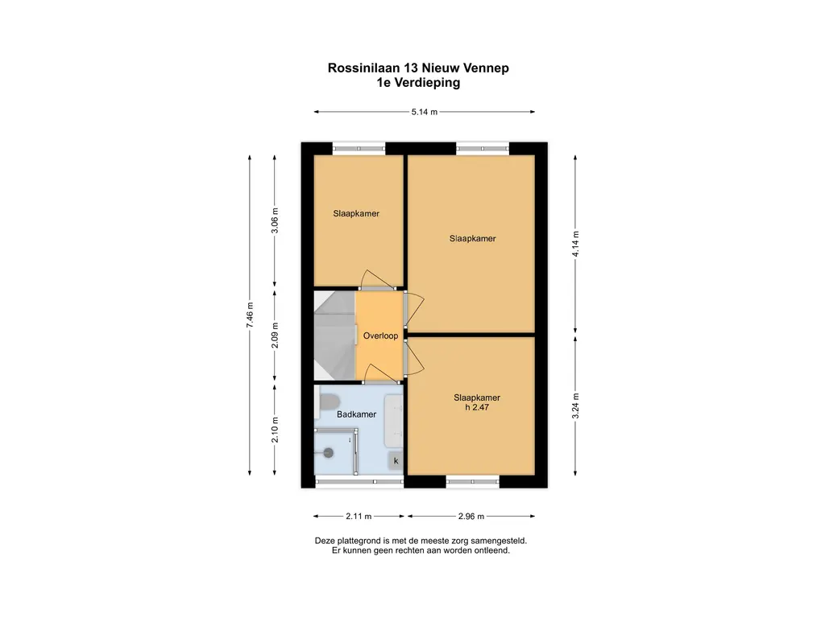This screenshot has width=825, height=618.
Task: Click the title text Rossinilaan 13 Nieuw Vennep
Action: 418,68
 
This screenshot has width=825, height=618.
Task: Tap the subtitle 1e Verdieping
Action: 418,82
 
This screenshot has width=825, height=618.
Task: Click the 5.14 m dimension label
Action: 425,113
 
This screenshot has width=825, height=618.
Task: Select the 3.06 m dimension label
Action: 275,219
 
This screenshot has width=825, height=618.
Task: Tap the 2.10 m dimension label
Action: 275,431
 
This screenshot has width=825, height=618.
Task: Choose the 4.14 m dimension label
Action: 575,243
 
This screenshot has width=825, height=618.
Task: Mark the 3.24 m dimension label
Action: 575,404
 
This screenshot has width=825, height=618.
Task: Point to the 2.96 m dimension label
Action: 471,516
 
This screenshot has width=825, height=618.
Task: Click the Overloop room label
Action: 380,336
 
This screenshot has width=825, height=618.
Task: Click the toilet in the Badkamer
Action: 329,401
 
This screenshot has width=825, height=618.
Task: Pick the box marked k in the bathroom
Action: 396,461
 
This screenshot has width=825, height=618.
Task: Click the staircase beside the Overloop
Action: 334,336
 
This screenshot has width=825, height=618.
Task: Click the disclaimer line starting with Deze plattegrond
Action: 421,542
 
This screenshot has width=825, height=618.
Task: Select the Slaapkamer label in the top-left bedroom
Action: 356,214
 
